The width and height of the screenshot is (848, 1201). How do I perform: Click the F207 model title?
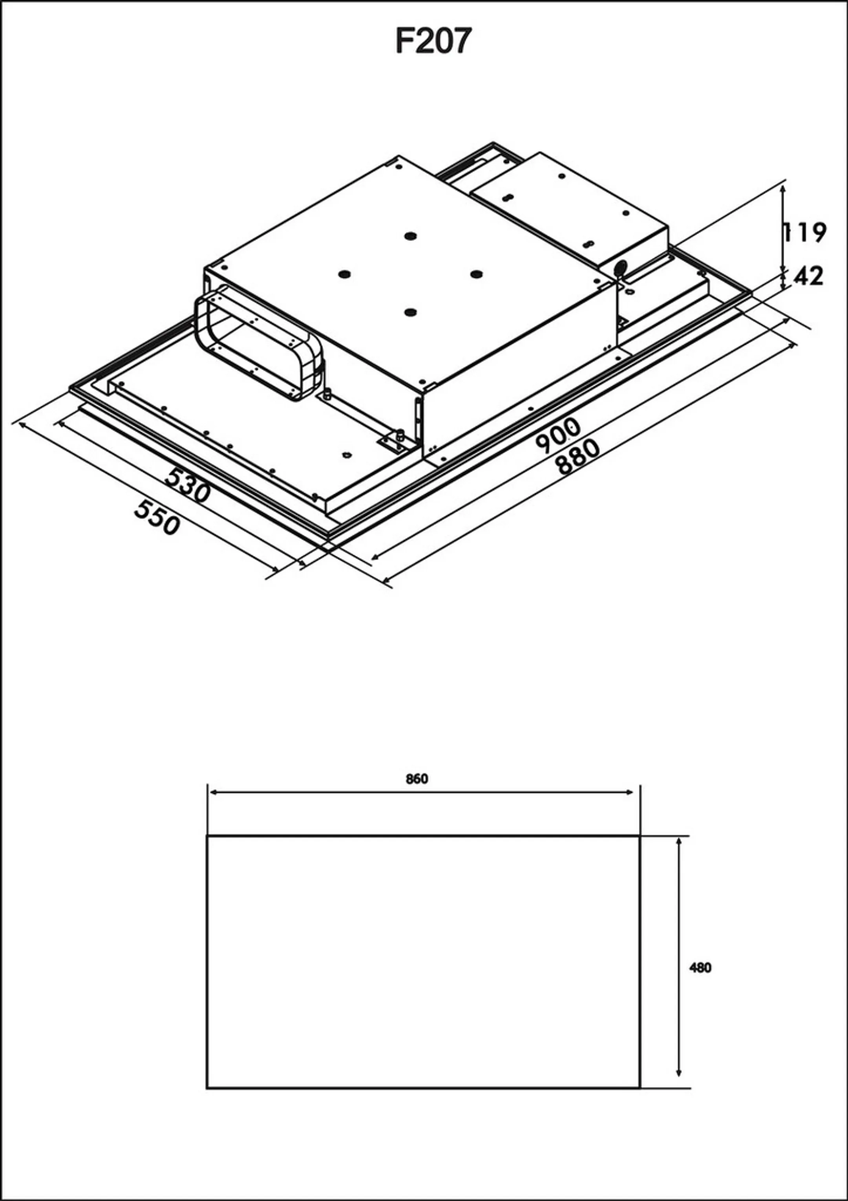point(433,41)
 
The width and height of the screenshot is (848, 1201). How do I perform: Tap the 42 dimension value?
point(808,276)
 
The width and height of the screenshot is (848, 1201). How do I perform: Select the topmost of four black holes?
point(410,236)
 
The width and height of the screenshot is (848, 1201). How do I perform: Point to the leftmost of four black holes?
point(344,274)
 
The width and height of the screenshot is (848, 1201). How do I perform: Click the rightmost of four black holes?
point(476,274)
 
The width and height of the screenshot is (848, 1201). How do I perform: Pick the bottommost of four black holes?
point(411,312)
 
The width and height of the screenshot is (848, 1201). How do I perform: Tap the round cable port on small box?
point(620,268)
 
